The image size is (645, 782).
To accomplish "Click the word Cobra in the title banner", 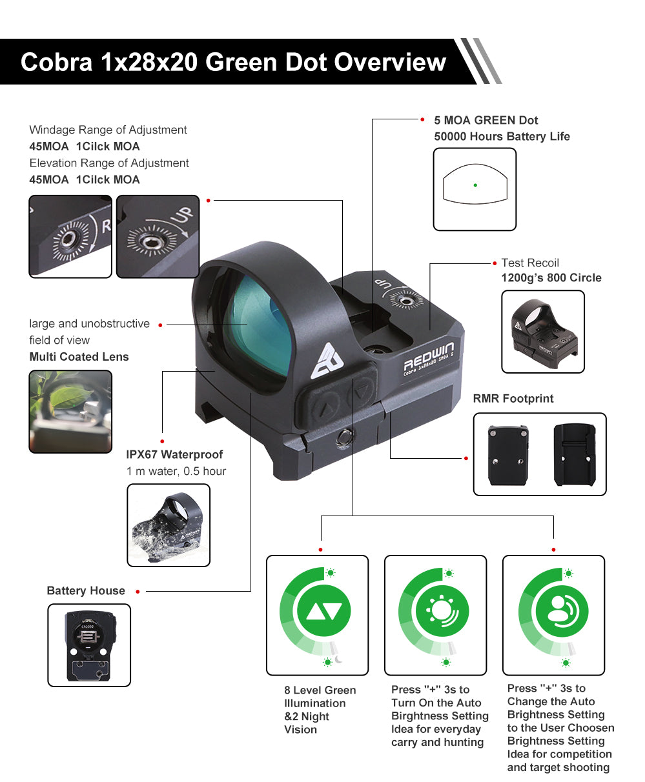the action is click(56, 62).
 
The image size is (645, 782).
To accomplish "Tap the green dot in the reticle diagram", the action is click(475, 185).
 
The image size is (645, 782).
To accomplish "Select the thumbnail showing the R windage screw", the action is click(70, 236).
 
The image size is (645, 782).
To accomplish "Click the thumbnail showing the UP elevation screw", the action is click(158, 236).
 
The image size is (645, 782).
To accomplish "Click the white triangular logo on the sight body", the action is click(327, 361).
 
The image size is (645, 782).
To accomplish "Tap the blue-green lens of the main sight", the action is click(259, 326).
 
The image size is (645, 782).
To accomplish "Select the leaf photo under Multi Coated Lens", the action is click(70, 412).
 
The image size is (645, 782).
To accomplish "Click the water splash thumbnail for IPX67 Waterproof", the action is click(169, 525).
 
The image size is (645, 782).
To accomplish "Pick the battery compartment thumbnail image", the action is click(89, 645).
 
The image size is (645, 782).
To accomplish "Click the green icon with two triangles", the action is click(324, 611).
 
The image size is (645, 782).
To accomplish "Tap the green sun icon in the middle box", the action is click(442, 611).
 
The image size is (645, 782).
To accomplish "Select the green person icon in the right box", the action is click(562, 611).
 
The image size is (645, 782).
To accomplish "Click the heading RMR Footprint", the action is click(513, 399).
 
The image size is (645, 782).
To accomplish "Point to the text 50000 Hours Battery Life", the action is click(502, 136).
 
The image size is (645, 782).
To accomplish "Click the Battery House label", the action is click(86, 590).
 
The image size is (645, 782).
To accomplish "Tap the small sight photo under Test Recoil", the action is click(543, 332).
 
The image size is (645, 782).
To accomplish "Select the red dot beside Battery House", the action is click(138, 592).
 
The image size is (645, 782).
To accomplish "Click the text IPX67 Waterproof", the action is click(174, 454).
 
